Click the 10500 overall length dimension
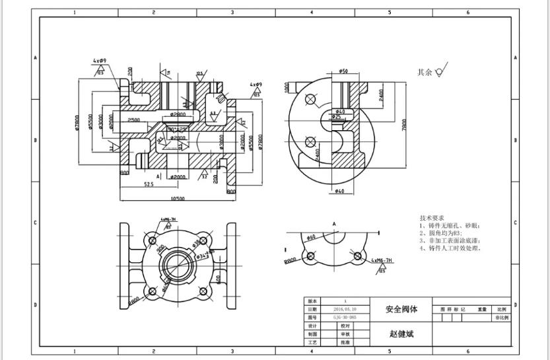(x=178, y=198)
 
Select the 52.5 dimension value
(x=149, y=184)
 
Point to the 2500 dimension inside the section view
(x=134, y=120)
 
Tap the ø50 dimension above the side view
(x=343, y=71)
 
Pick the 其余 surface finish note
(x=425, y=72)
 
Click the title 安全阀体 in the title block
(x=401, y=309)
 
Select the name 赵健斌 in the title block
(x=401, y=334)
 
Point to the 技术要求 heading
(x=432, y=218)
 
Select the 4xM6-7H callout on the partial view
(x=382, y=261)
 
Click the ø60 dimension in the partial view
(x=311, y=236)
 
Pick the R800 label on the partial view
(x=290, y=262)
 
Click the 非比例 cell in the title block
(x=501, y=318)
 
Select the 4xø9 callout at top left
(x=100, y=61)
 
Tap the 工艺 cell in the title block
(x=312, y=342)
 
